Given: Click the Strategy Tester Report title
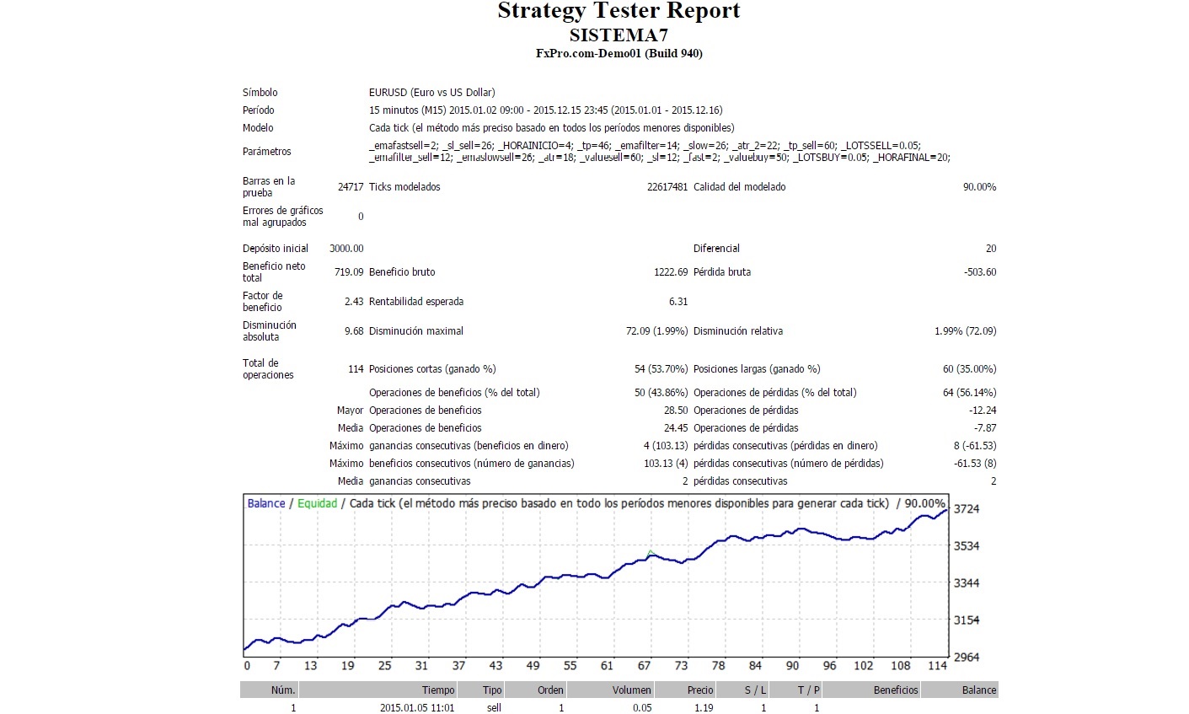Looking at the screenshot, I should pos(619,12).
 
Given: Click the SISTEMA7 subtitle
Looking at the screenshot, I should pos(619,35).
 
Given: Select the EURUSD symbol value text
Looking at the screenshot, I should pos(431,93).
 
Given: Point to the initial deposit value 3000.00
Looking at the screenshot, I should pos(346,249).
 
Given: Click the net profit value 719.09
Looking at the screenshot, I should pos(349,272).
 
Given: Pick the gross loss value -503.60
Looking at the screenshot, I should pos(980,272).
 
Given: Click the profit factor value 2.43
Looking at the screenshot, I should pos(354,302).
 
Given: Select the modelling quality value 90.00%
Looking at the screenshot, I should pos(979,187).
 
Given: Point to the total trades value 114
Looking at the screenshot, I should pos(356,369).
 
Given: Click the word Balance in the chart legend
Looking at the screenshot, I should pos(266,503).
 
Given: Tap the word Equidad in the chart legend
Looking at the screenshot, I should pos(317,503).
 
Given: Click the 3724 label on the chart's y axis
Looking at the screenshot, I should pos(966,509).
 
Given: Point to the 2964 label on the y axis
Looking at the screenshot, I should pos(966,658).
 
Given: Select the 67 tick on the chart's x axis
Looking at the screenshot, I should pos(645,666).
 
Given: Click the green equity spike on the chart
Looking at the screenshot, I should pos(651,552).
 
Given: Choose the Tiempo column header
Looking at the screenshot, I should pos(438,690).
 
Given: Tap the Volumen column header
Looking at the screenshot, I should pos(632,690).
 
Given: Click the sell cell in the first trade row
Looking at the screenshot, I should pos(494,708).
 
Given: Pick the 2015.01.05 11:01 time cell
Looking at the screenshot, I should pos(417,708).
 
